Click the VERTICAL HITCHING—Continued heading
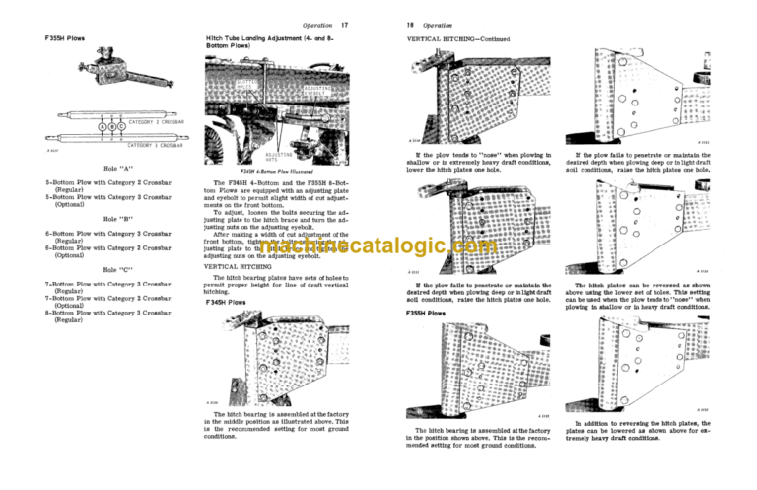tap(458, 38)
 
